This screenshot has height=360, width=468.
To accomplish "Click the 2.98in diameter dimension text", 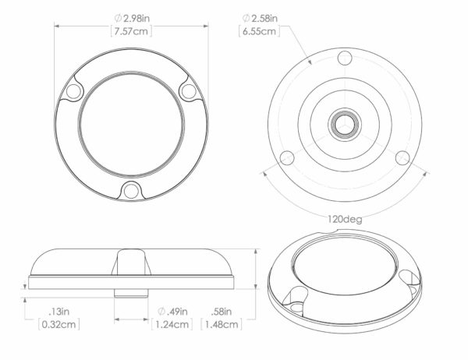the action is coord(133,19).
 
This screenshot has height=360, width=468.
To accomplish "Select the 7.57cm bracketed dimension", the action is coord(131,31).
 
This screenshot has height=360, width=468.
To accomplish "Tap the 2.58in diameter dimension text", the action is coord(260,19).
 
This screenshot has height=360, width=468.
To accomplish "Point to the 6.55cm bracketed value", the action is coord(259,31).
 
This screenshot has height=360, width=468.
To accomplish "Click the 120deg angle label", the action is coord(345,220).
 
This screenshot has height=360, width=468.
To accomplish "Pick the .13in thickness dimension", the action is coord(58,312).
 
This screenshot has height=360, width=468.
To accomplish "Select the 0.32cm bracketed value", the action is coord(58,324).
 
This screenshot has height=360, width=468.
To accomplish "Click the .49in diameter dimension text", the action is coord(172,312).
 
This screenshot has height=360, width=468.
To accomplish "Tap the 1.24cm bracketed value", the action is coord(172,324).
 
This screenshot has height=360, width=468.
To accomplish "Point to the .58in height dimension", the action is coord(222,312).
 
